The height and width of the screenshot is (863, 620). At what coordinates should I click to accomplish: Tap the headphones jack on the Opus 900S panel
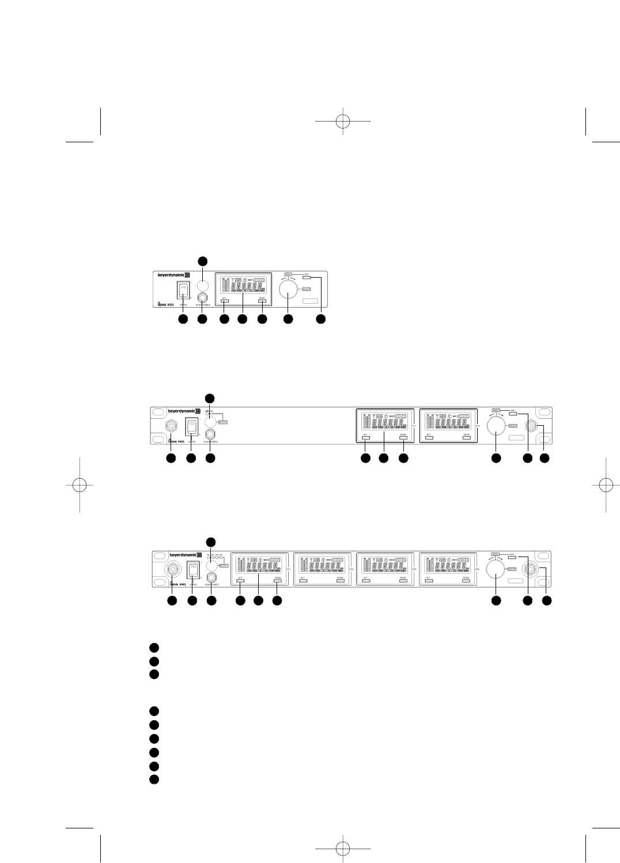(x=202, y=298)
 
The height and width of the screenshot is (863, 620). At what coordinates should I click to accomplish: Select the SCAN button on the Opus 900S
(x=262, y=301)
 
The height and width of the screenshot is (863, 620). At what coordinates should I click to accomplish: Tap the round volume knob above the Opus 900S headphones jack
(x=202, y=285)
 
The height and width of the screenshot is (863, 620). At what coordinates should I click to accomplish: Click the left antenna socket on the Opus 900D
(x=171, y=427)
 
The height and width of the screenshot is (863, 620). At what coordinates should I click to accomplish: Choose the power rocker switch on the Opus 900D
(x=191, y=427)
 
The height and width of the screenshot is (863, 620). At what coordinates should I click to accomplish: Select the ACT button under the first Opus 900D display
(x=365, y=438)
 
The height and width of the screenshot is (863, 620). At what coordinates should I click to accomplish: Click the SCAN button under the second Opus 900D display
(x=466, y=438)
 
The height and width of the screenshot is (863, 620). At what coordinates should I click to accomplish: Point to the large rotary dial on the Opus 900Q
(x=494, y=570)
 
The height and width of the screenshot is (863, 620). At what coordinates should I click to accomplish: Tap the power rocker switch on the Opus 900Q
(x=192, y=570)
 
